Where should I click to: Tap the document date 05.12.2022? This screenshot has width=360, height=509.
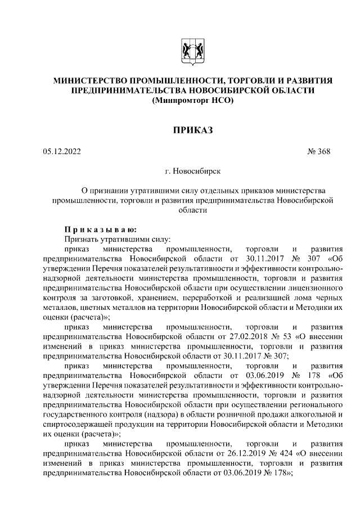[62, 151]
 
